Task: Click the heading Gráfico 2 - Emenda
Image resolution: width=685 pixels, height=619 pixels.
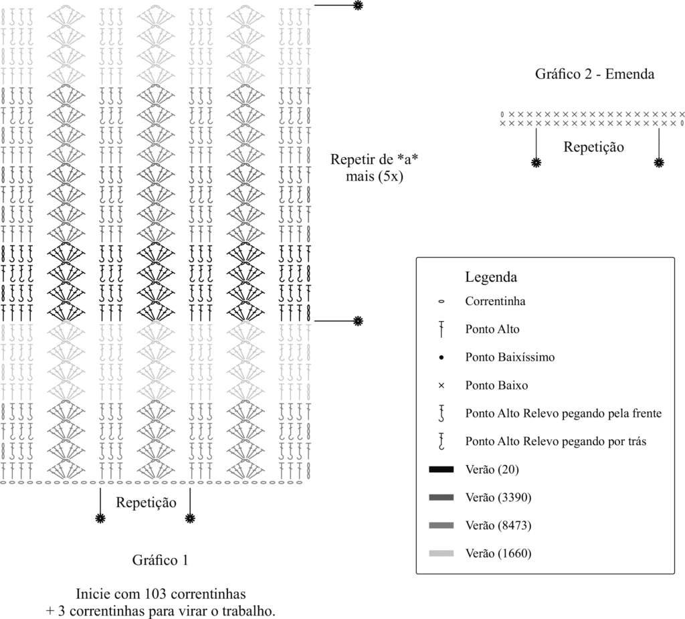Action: (x=594, y=74)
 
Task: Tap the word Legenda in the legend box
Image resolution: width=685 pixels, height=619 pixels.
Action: (x=490, y=276)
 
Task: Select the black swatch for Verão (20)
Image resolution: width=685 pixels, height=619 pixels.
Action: (x=442, y=470)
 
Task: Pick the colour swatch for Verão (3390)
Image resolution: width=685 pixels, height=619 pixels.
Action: (x=442, y=497)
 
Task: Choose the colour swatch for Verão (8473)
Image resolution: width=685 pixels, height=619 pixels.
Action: (x=442, y=525)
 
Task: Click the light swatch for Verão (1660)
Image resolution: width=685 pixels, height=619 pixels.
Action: (x=442, y=553)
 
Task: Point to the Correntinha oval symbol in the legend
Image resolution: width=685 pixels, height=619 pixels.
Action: (x=442, y=301)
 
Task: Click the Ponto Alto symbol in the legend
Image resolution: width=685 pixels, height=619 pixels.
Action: (x=442, y=329)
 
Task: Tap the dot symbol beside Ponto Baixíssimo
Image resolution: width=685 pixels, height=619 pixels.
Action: (x=442, y=357)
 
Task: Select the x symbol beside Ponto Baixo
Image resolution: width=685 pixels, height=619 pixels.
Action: (x=442, y=385)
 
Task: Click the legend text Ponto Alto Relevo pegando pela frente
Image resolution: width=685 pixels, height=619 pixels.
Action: (x=563, y=414)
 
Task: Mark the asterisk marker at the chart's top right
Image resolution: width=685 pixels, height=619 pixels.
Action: (x=358, y=5)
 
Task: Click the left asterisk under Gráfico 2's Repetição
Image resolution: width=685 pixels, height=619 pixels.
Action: (x=536, y=162)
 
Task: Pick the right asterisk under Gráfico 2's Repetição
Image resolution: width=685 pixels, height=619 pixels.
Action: (x=659, y=162)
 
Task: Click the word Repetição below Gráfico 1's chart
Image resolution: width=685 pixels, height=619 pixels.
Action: (x=146, y=502)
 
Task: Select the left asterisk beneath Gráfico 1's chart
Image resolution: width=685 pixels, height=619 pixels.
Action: (x=100, y=517)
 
